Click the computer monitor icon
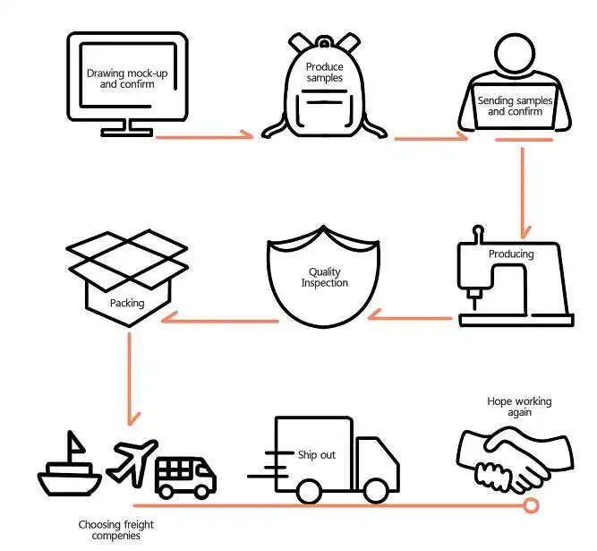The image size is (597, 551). coord(127,79)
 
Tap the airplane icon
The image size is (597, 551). coord(132,460)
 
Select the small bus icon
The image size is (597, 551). coord(185,476)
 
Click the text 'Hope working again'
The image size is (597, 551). coord(519,408)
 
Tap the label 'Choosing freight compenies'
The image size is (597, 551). coord(110,529)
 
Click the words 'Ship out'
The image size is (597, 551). coord(317,454)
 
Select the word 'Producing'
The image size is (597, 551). coord(511,254)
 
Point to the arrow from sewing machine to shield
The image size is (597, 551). coord(412,315)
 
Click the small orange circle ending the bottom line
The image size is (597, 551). coord(531,506)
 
